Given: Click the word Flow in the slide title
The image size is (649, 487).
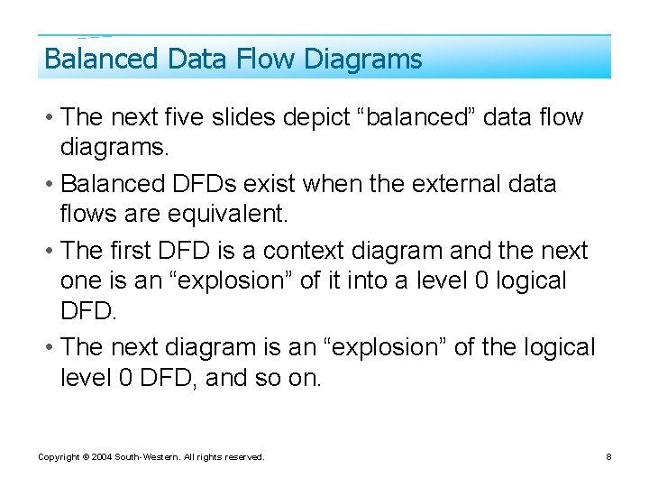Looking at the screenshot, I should coord(267,60).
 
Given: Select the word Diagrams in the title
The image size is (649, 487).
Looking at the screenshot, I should coord(363,60).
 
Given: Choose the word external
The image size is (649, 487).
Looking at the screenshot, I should coord(449,184).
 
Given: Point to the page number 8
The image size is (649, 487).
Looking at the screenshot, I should coord(608,457).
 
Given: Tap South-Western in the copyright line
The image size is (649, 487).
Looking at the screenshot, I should coord(144,457).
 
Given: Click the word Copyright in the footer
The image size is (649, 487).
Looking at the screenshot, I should coord(58,457).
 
